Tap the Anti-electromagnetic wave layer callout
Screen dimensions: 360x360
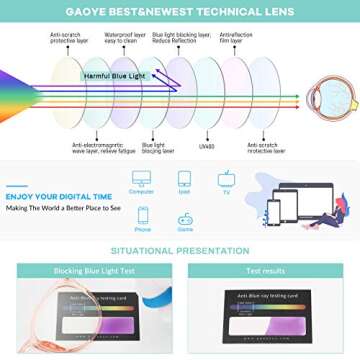pyautogui.click(x=95, y=148)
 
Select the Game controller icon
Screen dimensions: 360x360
pyautogui.click(x=185, y=217)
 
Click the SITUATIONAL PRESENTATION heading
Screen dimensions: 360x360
pyautogui.click(x=180, y=250)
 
